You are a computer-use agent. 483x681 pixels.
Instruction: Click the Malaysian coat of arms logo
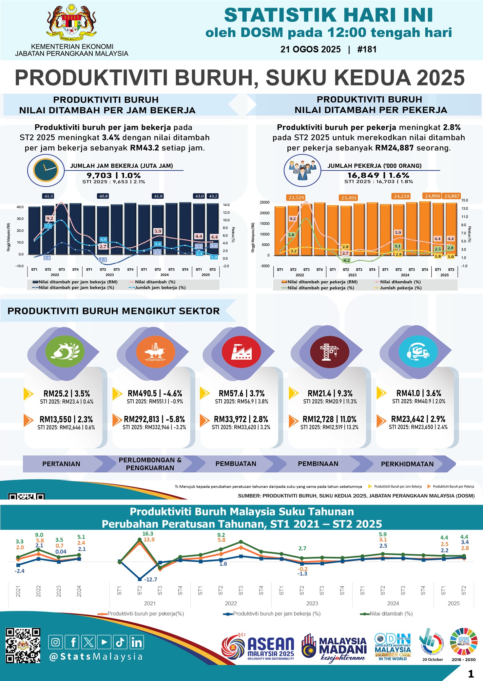click(x=71, y=22)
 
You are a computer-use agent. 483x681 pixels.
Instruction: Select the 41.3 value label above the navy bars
click(x=48, y=196)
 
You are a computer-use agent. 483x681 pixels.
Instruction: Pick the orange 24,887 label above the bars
click(x=452, y=196)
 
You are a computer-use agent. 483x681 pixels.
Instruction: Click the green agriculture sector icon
click(x=65, y=352)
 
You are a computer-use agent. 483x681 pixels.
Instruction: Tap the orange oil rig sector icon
click(x=155, y=352)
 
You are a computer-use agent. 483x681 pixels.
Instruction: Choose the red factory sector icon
click(x=241, y=352)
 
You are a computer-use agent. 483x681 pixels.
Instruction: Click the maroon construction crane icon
click(x=330, y=352)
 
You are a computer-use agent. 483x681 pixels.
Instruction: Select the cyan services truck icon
click(x=418, y=352)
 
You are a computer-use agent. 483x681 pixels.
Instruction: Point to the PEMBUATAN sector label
click(x=236, y=463)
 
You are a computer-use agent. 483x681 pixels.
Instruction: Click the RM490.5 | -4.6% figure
click(x=155, y=393)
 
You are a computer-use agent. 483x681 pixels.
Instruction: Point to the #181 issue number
click(x=367, y=49)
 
